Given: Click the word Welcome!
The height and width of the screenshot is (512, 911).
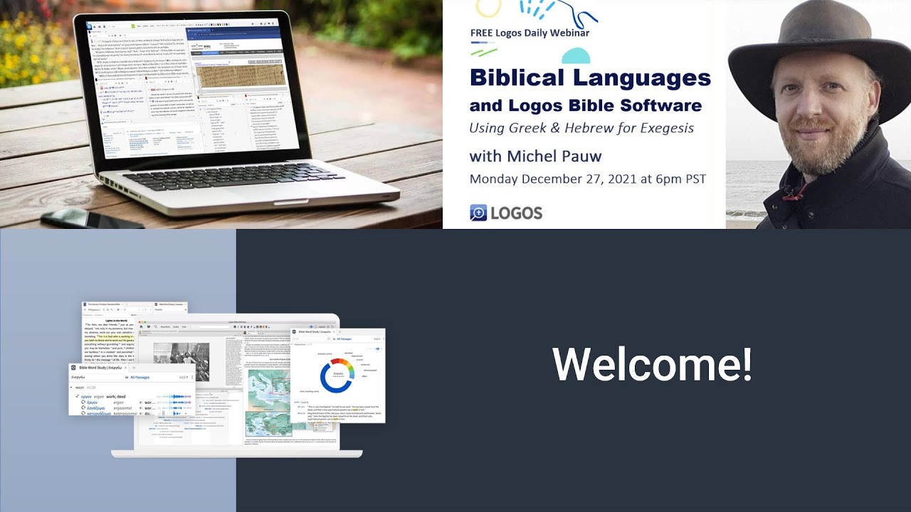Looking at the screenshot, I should click(x=652, y=364).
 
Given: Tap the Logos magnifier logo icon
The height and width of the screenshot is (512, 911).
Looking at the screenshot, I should click(x=478, y=213).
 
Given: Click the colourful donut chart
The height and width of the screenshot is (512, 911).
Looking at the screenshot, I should click(x=337, y=376).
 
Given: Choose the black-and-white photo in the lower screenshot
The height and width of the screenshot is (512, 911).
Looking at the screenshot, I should click(x=181, y=361).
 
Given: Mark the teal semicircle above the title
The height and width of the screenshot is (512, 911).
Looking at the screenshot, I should click(x=576, y=57).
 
